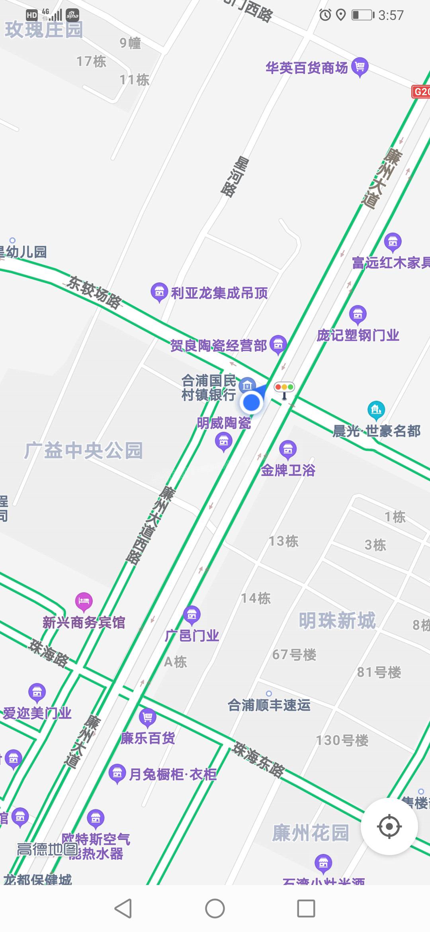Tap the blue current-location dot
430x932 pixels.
tap(251, 402)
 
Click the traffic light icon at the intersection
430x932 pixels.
tap(284, 388)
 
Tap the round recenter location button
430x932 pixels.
tap(389, 826)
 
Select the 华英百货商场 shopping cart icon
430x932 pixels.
tap(360, 67)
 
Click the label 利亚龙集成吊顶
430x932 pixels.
tap(219, 293)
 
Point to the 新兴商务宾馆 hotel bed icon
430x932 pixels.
tap(84, 601)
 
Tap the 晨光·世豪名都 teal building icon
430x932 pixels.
tap(376, 409)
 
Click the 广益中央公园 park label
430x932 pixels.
tap(83, 450)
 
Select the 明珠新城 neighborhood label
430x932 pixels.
tap(337, 620)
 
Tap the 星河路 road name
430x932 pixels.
tap(235, 177)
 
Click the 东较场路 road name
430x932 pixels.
tap(94, 292)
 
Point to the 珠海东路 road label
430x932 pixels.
tap(259, 759)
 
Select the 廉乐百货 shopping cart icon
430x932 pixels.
tap(147, 718)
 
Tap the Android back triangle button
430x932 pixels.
tap(123, 909)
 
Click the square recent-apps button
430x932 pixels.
tap(306, 909)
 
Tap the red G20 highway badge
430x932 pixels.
tap(421, 92)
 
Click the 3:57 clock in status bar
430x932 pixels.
tap(391, 15)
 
